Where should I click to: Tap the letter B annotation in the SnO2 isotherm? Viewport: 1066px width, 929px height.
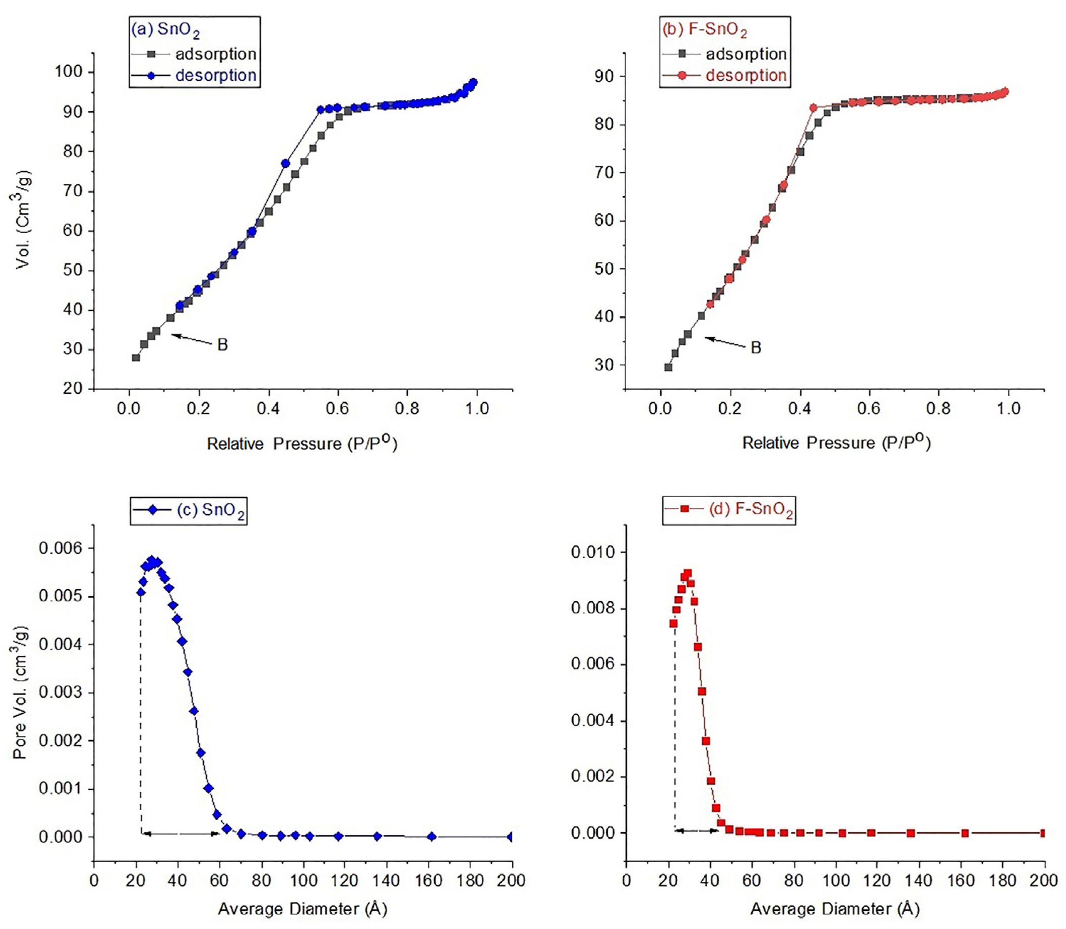(223, 345)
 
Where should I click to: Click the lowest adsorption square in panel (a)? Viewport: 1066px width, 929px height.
(136, 358)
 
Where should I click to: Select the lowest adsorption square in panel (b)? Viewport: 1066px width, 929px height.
(668, 367)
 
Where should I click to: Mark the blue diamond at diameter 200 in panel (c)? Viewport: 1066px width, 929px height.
(511, 837)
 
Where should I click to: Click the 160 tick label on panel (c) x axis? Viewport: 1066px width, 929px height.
(428, 880)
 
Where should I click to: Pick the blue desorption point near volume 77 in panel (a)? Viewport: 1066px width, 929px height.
(285, 163)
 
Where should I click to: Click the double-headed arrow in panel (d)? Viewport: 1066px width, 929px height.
(697, 831)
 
